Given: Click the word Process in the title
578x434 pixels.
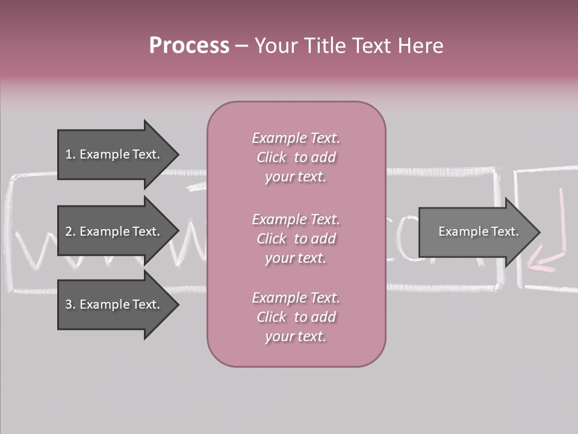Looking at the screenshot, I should [x=189, y=46].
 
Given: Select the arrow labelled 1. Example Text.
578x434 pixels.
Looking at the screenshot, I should [x=114, y=154].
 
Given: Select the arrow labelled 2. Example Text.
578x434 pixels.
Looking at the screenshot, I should [x=114, y=231].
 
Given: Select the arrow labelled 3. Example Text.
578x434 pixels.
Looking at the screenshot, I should [x=114, y=304].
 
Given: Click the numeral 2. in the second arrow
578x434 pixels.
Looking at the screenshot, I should [x=70, y=231].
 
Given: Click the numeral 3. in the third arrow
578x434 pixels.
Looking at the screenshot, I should [x=70, y=304].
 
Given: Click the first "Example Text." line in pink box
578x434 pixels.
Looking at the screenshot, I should [x=296, y=138].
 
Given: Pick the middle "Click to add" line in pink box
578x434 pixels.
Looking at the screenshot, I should [x=296, y=239].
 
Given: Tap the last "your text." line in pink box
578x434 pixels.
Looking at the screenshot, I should [x=296, y=336].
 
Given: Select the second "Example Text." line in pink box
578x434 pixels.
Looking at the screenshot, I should [x=296, y=219].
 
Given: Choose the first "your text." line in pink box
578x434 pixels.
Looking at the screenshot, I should [x=296, y=177].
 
